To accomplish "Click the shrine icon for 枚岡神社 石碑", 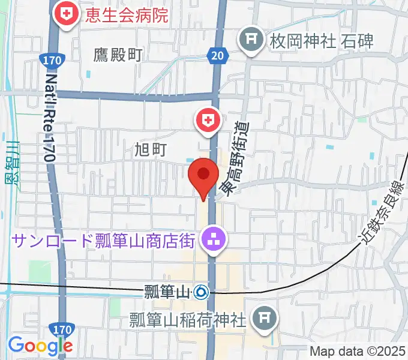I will tap(250, 40).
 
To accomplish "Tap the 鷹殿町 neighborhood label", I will tap(118, 55).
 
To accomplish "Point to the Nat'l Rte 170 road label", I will tap(50, 117).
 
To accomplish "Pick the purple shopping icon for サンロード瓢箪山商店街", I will tap(214, 241).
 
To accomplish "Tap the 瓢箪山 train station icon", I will tap(200, 293).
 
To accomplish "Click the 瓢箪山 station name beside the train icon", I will tap(167, 293).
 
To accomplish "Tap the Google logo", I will tap(40, 346).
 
